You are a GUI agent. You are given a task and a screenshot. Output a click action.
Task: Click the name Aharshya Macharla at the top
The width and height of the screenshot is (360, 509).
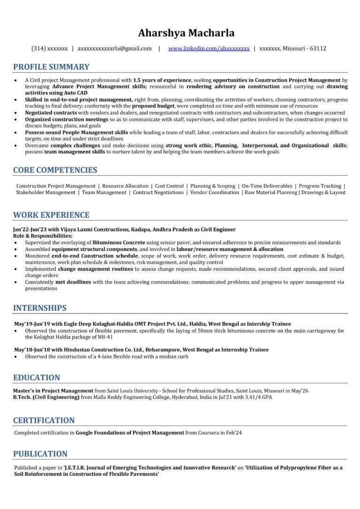tap(186, 33)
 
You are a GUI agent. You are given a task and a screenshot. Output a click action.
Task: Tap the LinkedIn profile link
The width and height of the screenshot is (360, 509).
tap(209, 48)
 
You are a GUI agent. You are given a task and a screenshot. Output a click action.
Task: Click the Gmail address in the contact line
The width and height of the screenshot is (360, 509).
tap(115, 48)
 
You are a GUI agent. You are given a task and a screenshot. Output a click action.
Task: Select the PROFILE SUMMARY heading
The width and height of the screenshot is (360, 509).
tap(51, 67)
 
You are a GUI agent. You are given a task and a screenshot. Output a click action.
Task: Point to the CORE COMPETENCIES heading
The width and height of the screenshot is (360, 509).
tap(55, 170)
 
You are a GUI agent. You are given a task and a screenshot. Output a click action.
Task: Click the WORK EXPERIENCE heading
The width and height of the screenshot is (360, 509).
tap(51, 215)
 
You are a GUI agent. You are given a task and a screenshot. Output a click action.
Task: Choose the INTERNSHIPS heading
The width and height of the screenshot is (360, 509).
tap(40, 308)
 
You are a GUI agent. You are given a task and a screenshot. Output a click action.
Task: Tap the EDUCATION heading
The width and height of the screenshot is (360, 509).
tap(37, 377)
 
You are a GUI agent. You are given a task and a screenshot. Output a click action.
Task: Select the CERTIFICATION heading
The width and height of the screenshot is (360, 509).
tap(44, 420)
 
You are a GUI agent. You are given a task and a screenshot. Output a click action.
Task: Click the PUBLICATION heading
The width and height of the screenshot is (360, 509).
tap(40, 454)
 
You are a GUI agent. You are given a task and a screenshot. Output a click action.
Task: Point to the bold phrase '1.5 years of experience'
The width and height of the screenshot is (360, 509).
tap(162, 80)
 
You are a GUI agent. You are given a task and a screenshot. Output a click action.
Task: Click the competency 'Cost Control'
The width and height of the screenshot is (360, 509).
tap(169, 186)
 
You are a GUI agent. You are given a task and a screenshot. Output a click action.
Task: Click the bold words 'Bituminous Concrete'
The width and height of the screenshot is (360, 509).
tap(119, 242)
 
